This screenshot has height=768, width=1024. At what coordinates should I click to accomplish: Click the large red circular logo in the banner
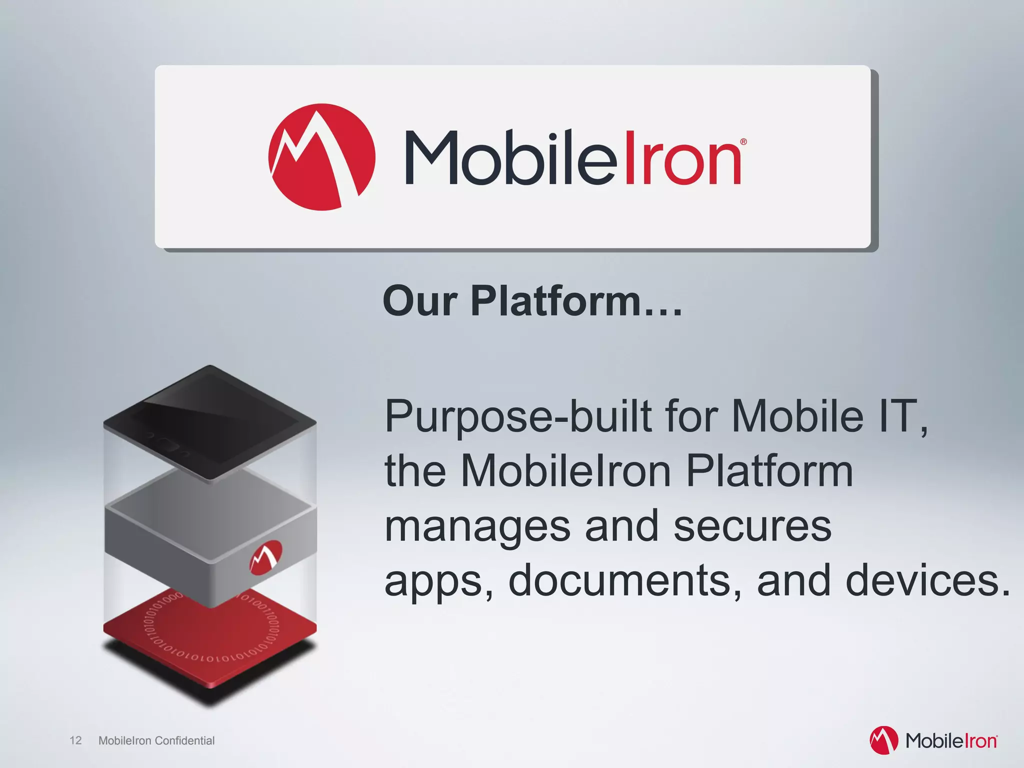321,157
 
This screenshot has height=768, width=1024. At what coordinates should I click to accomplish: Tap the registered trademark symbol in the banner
743,142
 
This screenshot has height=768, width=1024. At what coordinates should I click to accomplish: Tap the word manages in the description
477,527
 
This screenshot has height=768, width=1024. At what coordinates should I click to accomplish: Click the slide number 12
75,740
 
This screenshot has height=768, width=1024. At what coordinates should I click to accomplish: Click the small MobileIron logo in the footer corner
933,740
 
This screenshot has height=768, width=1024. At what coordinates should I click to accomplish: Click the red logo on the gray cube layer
266,556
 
